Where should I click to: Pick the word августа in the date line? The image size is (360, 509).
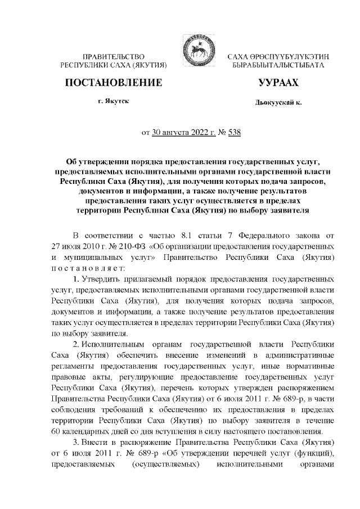pyautogui.click(x=179, y=133)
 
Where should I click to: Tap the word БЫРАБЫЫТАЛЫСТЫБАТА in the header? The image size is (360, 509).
pyautogui.click(x=278, y=66)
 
